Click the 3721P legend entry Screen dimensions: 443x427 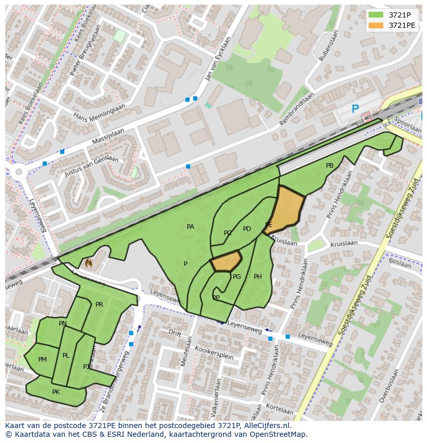tap(398, 14)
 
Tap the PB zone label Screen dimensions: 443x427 tap(330, 166)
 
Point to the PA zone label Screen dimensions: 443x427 tap(190, 227)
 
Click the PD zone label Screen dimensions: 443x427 tap(247, 229)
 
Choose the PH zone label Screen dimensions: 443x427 tap(257, 277)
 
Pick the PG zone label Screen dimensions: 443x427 tap(237, 277)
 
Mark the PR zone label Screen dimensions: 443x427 tap(99, 305)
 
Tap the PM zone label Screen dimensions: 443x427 tap(42, 360)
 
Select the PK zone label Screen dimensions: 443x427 tap(56, 392)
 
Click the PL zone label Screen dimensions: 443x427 tap(65, 356)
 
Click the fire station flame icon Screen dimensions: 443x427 tap(88, 263)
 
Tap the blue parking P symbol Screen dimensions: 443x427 tap(355, 109)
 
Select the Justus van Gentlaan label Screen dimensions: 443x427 tap(91, 166)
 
